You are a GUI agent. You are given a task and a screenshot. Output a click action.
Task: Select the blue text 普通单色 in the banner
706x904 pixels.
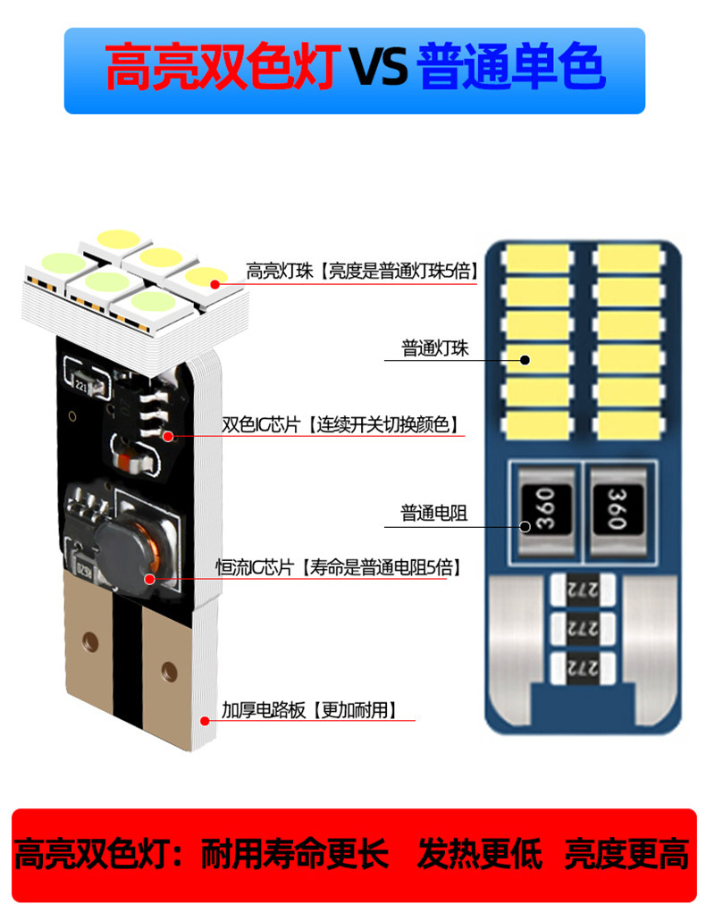point(510,70)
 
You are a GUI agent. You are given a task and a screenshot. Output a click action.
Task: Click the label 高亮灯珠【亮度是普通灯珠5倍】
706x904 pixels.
point(362,271)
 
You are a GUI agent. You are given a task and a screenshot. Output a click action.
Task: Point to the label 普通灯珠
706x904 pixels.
point(435,348)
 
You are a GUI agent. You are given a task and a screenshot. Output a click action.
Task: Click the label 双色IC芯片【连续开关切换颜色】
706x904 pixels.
point(344,423)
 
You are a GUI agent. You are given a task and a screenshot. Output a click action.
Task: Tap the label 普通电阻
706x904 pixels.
point(433,514)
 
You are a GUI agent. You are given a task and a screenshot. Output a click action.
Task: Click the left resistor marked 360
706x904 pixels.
point(543,506)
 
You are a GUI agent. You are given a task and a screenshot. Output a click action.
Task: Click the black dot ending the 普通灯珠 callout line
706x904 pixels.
point(525,360)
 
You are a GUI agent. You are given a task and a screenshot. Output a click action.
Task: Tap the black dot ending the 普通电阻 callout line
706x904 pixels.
point(525,526)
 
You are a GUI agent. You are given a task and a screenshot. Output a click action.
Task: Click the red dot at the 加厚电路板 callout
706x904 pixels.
point(205,720)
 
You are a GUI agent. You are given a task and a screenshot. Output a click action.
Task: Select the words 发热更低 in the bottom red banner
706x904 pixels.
point(480,855)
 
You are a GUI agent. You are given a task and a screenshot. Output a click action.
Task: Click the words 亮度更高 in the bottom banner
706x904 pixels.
point(626,855)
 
